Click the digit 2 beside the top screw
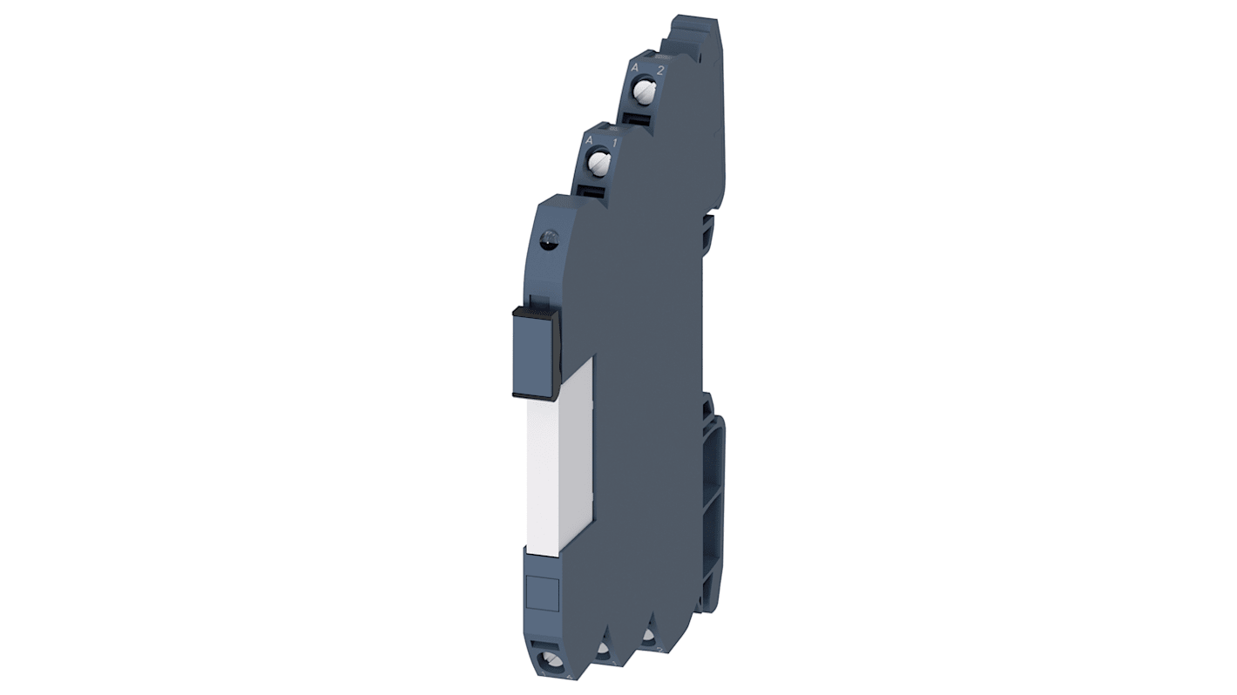click(659, 71)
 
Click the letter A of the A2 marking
click(635, 67)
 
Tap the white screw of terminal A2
click(645, 91)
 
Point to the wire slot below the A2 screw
click(639, 118)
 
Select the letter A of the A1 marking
click(590, 140)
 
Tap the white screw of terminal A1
click(598, 161)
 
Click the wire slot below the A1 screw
click(591, 191)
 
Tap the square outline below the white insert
click(543, 592)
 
